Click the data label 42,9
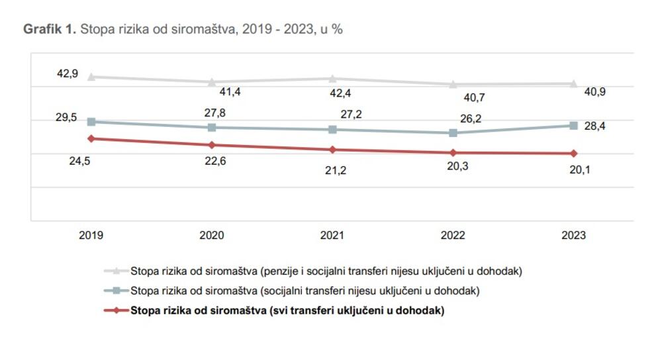point(68,74)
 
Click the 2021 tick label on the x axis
point(332,235)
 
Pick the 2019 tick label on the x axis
point(91,235)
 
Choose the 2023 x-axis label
point(573,235)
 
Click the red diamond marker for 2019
point(91,138)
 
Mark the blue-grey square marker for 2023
point(573,126)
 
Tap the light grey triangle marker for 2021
point(332,79)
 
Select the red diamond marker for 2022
point(453,153)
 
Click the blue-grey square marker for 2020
point(212,127)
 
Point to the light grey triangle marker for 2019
point(91,77)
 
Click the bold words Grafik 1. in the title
point(50,29)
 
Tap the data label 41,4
point(230,92)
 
